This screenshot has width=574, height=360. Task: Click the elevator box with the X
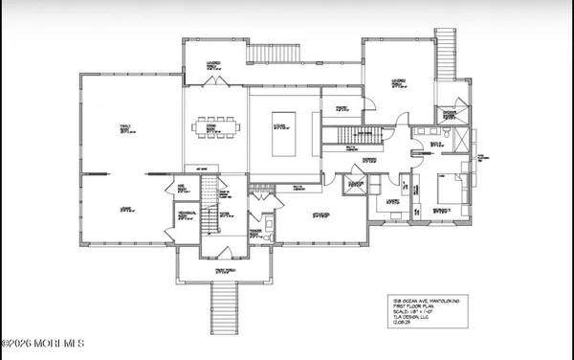pyautogui.click(x=356, y=185)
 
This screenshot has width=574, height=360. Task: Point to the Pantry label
pyautogui.click(x=342, y=106)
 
